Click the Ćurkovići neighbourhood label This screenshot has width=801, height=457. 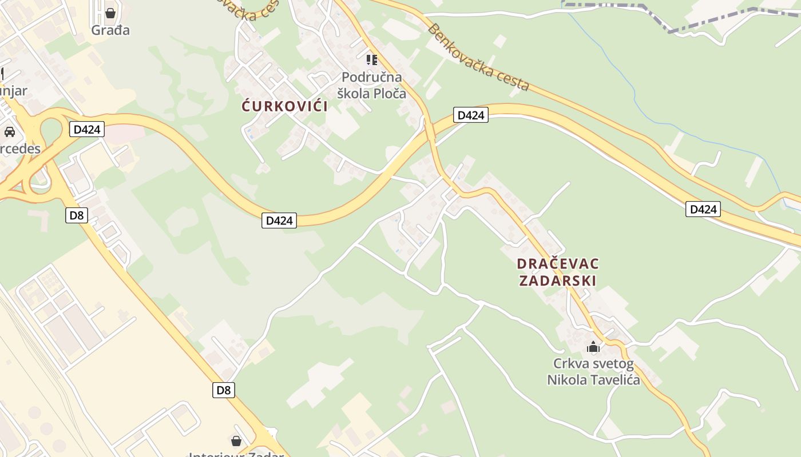tap(284, 106)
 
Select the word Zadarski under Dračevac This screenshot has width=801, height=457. tap(558, 280)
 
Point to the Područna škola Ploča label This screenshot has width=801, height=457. tap(371, 85)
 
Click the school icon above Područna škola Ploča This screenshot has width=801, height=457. tap(372, 59)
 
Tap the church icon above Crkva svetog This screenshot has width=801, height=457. tap(593, 347)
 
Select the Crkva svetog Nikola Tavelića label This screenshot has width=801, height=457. tap(593, 372)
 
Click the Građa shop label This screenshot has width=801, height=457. tap(110, 30)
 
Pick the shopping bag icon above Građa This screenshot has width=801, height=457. tap(110, 13)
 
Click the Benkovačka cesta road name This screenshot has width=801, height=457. tap(478, 58)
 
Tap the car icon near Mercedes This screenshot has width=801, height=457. tap(10, 132)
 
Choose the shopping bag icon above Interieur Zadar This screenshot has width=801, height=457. tap(236, 441)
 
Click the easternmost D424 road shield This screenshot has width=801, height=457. tap(703, 209)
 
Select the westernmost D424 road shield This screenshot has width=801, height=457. tap(87, 129)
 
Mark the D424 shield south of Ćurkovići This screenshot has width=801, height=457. tap(279, 220)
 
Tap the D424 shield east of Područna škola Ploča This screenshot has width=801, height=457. tap(471, 115)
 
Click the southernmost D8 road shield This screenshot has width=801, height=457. tap(223, 390)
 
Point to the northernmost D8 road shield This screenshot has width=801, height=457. tap(76, 215)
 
